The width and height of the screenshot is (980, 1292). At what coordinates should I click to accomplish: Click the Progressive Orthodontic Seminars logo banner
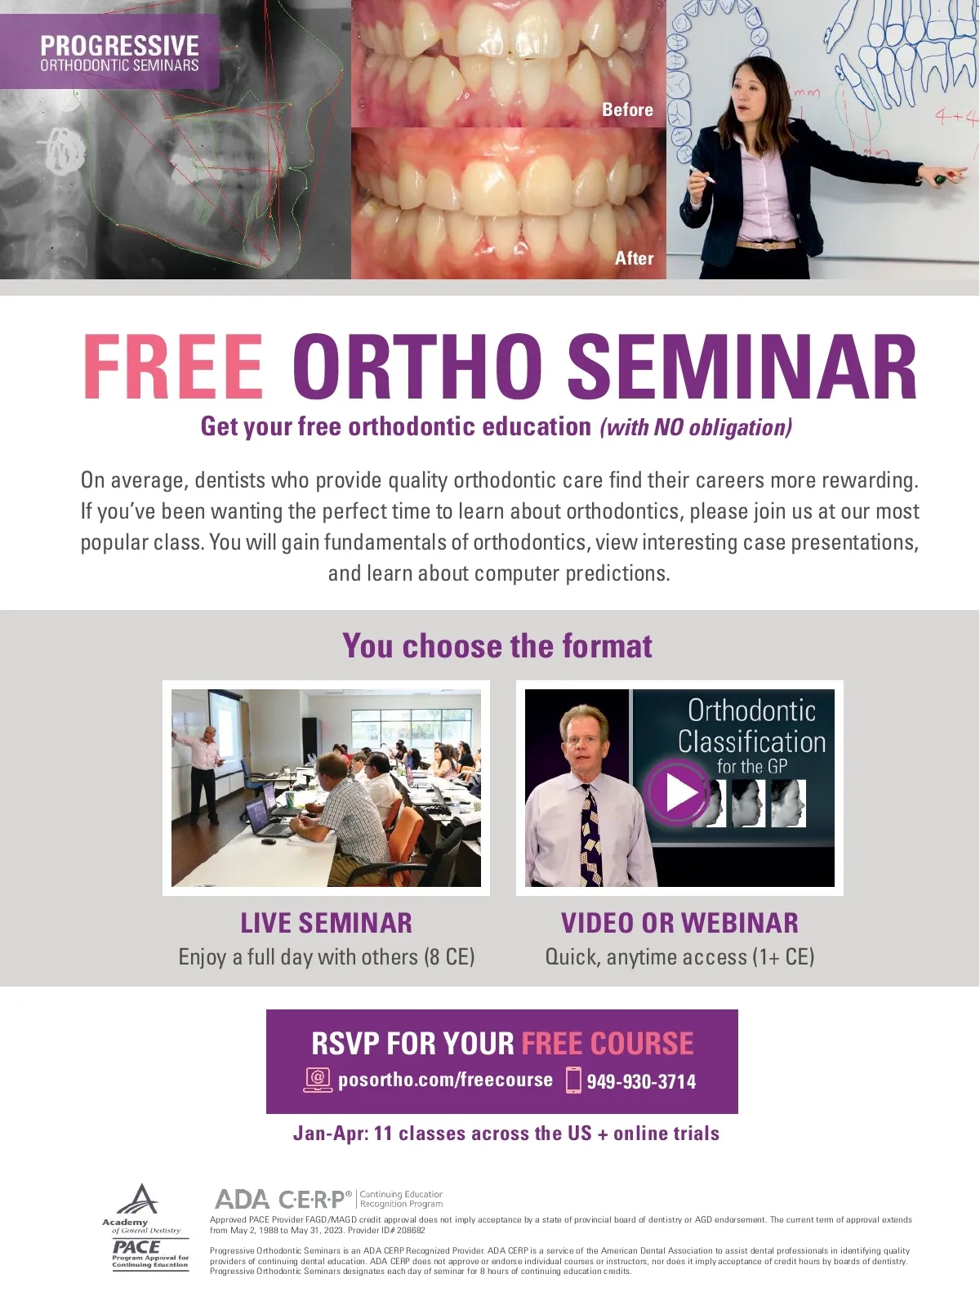tap(109, 51)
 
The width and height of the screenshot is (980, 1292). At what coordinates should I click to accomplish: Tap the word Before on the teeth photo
tap(627, 109)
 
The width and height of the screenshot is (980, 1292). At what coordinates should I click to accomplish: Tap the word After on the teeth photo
tap(634, 258)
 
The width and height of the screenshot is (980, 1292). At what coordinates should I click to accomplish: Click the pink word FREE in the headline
tap(172, 368)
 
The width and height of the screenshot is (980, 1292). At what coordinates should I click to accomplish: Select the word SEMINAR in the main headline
tap(742, 368)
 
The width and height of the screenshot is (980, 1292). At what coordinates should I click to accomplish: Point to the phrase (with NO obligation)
tap(696, 427)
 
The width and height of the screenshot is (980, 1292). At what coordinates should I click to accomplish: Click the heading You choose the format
tap(497, 646)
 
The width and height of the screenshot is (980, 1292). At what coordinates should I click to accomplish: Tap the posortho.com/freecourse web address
tap(446, 1080)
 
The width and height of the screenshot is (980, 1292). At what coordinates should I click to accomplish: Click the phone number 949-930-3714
tap(641, 1081)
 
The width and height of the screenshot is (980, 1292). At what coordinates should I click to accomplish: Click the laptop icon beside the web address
tap(318, 1080)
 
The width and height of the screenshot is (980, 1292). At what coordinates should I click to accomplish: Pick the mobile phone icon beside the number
tap(573, 1080)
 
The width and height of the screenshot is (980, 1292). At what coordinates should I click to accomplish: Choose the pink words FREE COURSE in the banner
tap(608, 1044)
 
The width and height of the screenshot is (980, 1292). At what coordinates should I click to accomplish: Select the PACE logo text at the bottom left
tap(136, 1247)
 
